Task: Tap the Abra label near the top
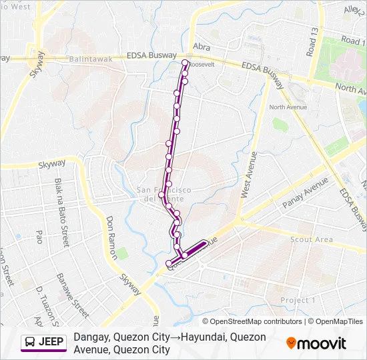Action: pyautogui.click(x=201, y=47)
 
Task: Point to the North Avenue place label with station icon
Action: pyautogui.click(x=288, y=107)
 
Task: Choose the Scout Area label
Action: pyautogui.click(x=312, y=239)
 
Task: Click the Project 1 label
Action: pyautogui.click(x=298, y=301)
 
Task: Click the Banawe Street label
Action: pyautogui.click(x=73, y=295)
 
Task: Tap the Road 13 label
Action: pyautogui.click(x=312, y=42)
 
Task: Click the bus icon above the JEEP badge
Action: pyautogui.click(x=31, y=52)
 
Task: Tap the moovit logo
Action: pyautogui.click(x=316, y=343)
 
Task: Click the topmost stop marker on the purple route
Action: pyautogui.click(x=186, y=63)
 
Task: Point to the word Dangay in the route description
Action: pyautogui.click(x=91, y=337)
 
